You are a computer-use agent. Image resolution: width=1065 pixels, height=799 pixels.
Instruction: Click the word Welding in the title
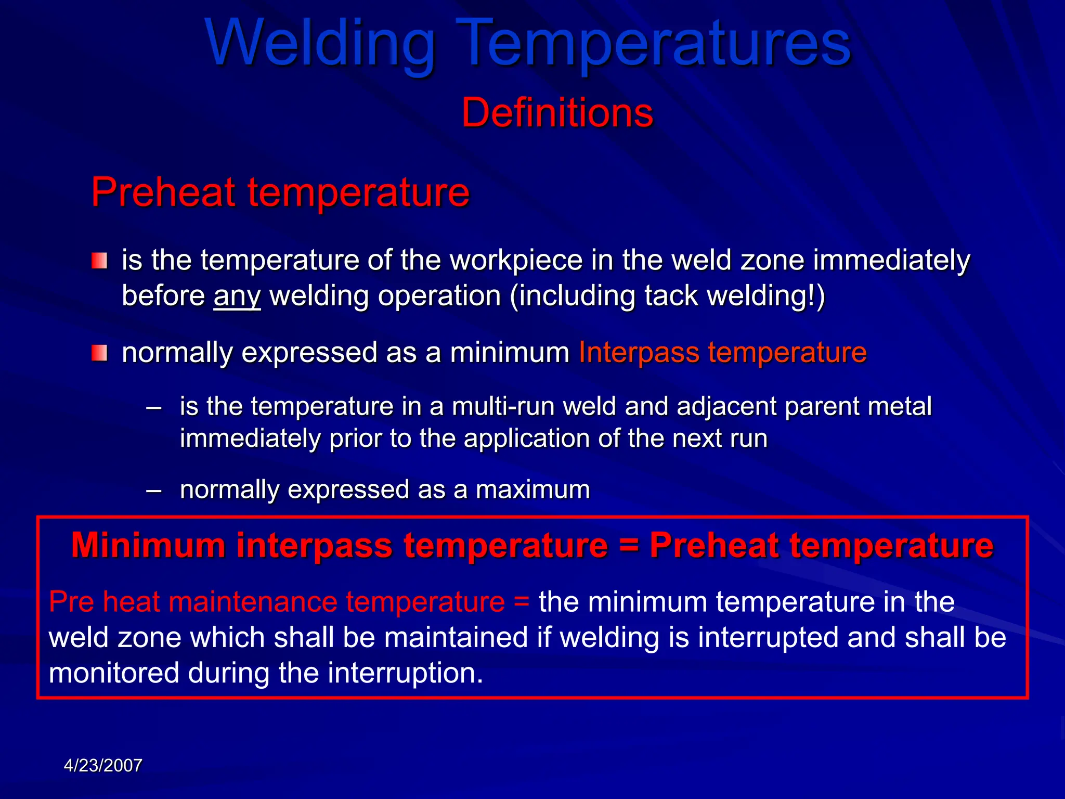(x=320, y=44)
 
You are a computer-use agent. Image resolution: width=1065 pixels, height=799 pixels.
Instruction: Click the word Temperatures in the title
(x=654, y=44)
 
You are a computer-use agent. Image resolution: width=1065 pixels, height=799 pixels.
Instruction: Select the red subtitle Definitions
(x=557, y=113)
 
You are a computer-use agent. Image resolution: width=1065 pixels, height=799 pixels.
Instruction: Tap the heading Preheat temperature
(x=280, y=192)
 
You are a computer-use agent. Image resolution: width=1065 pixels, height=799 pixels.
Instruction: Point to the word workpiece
(x=515, y=260)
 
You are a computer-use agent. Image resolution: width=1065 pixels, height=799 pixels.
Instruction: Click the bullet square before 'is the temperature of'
(x=99, y=261)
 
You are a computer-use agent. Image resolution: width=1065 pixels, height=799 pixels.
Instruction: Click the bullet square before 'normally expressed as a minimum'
(x=99, y=353)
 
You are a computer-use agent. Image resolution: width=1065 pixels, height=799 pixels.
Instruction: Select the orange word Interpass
(x=639, y=353)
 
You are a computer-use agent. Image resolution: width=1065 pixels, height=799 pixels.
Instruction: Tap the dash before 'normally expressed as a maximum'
(x=154, y=490)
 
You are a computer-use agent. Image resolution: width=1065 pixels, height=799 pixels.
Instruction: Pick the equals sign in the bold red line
(x=629, y=546)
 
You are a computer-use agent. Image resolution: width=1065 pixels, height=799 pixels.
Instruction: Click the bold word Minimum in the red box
(x=148, y=546)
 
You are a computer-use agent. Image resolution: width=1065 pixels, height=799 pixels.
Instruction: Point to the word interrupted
(x=768, y=638)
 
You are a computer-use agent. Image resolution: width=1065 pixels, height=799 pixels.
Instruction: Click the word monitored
(x=114, y=673)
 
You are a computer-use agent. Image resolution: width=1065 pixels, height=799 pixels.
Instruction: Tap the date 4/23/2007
(x=103, y=766)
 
